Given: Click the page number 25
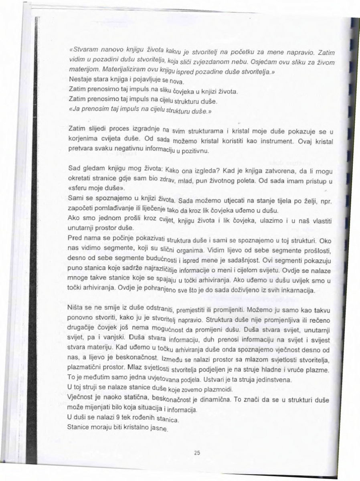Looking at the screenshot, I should click(196, 453).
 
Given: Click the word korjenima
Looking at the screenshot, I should click(83, 140).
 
